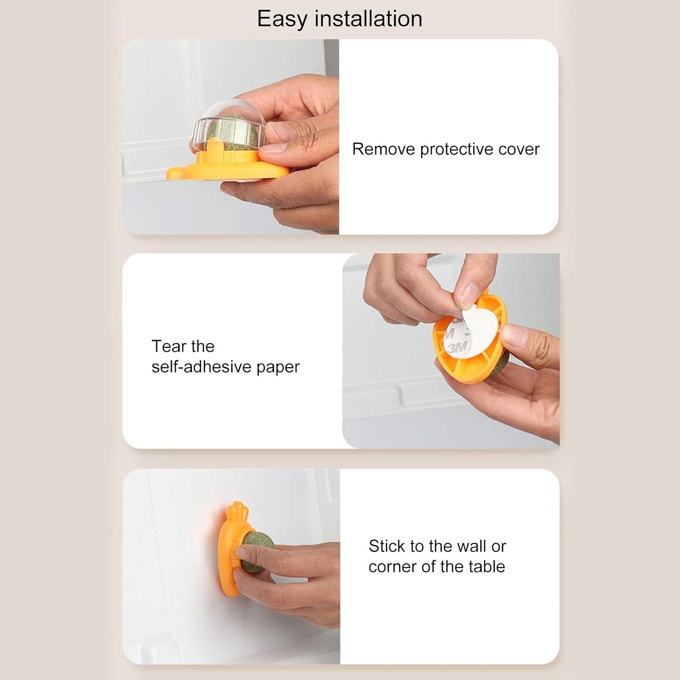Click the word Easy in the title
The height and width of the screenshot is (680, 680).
tap(282, 19)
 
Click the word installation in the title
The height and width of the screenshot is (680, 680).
tap(368, 19)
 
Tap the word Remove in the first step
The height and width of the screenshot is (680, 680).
tap(384, 149)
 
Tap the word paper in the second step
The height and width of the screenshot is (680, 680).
tap(278, 367)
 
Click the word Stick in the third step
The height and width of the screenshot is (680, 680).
tap(387, 546)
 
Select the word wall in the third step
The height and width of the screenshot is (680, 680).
tap(474, 546)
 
